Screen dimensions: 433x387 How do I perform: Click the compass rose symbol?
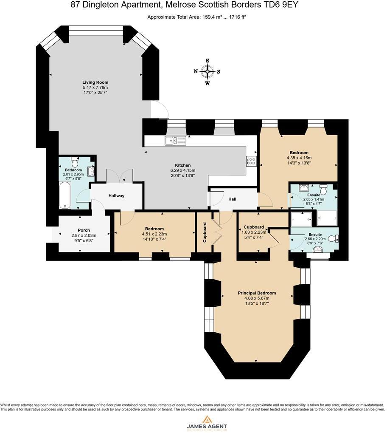(207, 72)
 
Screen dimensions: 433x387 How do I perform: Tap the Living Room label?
(95, 82)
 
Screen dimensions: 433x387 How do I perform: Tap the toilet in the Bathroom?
(75, 161)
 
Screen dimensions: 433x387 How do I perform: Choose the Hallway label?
(116, 196)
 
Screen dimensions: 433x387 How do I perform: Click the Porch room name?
(84, 230)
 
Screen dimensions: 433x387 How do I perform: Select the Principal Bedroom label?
(257, 293)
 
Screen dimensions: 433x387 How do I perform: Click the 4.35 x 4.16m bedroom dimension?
(299, 158)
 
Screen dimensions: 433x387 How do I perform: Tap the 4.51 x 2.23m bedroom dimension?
(154, 234)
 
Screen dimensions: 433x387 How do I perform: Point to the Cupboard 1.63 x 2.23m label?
(254, 227)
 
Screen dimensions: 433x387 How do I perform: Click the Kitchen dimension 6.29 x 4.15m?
(183, 170)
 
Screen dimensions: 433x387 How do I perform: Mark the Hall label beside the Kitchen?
(233, 199)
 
